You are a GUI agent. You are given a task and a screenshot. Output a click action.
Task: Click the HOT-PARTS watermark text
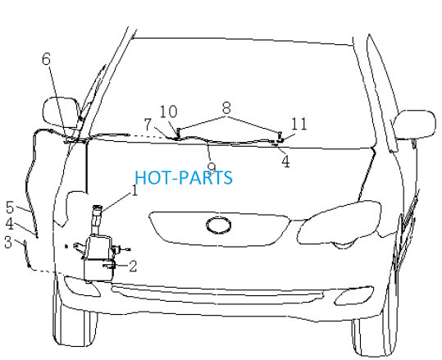[x=184, y=178]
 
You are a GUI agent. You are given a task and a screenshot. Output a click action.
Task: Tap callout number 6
[x=46, y=59]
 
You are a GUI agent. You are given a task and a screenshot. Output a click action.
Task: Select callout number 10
[x=169, y=112]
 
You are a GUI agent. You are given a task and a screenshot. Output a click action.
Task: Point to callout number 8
[x=226, y=107]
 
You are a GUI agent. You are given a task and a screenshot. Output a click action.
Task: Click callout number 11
[x=298, y=124]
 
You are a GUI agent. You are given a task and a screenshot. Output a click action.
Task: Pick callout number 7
[x=148, y=125]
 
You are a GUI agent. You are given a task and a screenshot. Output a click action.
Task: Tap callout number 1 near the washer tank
[x=134, y=190]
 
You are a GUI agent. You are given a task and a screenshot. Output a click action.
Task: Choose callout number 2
[x=133, y=266]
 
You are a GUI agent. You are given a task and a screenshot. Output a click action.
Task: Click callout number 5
[x=10, y=207]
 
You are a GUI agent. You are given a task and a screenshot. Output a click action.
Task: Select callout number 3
[x=8, y=242]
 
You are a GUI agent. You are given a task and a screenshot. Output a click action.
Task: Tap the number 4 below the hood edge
[x=285, y=162]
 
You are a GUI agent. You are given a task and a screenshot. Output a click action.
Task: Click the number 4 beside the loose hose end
[x=10, y=224]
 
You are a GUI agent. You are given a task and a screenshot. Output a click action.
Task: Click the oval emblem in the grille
[x=219, y=226]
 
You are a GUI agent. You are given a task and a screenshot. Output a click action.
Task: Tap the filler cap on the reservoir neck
[x=98, y=207]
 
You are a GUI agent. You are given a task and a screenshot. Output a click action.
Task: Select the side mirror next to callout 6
[x=61, y=112]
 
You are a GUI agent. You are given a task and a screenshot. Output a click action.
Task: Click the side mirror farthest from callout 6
[x=415, y=125]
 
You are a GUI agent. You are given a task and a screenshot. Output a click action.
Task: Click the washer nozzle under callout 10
[x=178, y=134]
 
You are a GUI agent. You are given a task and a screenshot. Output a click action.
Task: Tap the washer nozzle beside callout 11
[x=280, y=136]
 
